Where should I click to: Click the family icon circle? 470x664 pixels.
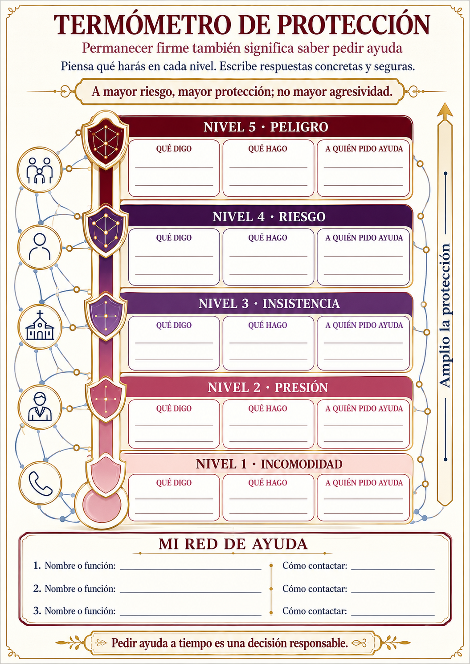click(x=40, y=170)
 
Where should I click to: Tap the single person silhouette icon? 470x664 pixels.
click(x=40, y=247)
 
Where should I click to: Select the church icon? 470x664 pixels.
click(x=40, y=326)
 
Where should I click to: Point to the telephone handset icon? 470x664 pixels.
click(x=41, y=483)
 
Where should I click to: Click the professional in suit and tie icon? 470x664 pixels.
click(x=40, y=407)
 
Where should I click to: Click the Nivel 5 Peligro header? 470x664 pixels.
click(x=266, y=127)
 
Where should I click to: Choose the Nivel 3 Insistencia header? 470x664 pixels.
click(x=269, y=304)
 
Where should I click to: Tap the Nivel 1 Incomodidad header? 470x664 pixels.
click(x=269, y=464)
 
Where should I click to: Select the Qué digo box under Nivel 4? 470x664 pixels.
click(x=174, y=257)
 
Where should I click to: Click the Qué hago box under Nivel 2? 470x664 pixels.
click(x=268, y=424)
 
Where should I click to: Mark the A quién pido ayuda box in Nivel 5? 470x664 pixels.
click(x=363, y=168)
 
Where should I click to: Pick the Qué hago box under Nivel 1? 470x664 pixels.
click(x=268, y=498)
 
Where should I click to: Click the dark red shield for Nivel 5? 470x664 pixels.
click(x=105, y=140)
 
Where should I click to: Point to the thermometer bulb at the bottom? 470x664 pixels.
click(x=102, y=505)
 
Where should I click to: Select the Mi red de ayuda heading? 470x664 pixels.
click(x=233, y=544)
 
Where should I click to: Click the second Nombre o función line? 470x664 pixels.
click(x=190, y=592)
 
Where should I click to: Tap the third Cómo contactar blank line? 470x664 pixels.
click(x=393, y=615)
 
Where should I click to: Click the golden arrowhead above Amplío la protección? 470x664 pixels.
click(x=445, y=111)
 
